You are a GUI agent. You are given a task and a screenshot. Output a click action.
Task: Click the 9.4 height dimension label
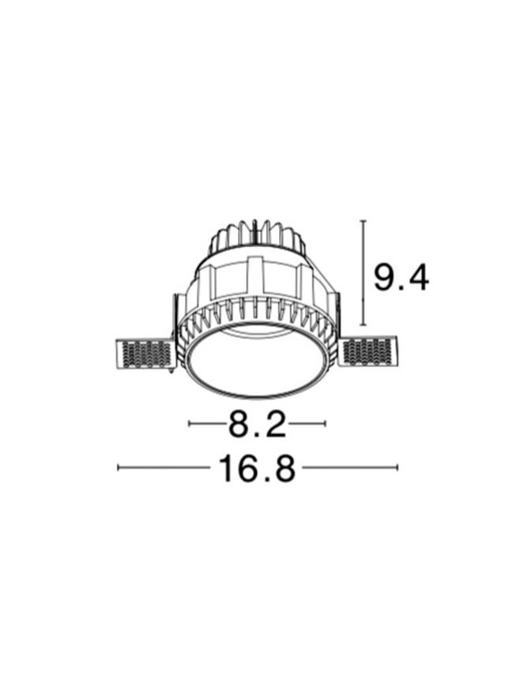401,277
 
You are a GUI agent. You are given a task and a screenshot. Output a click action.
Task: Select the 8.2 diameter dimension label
258,423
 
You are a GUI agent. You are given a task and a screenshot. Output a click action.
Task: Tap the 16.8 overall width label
257,468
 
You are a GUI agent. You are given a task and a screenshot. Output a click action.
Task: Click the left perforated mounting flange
145,353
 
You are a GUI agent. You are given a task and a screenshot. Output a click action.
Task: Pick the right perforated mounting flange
368,351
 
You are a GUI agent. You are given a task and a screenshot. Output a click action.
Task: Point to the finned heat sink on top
257,239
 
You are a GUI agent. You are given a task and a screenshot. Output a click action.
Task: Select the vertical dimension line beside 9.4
363,272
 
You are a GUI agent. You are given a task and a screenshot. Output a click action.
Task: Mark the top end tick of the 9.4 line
363,220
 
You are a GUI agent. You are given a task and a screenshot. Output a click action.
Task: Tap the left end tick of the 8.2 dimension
189,423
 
